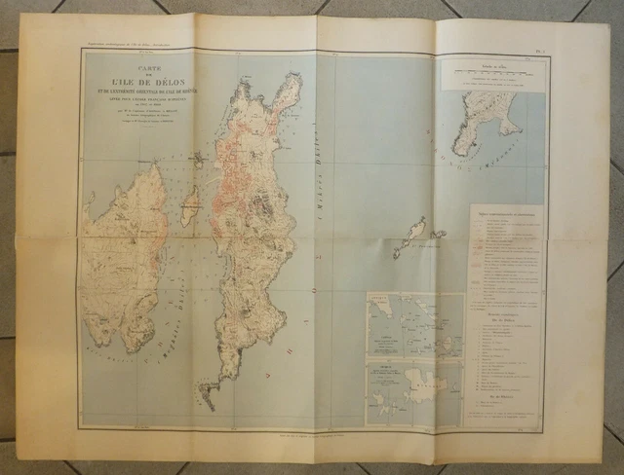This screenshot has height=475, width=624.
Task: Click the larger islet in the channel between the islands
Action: pos(191,204)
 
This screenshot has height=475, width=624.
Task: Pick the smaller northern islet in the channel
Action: pos(198,158)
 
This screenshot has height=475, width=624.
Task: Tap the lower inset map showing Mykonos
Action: pos(414,391)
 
